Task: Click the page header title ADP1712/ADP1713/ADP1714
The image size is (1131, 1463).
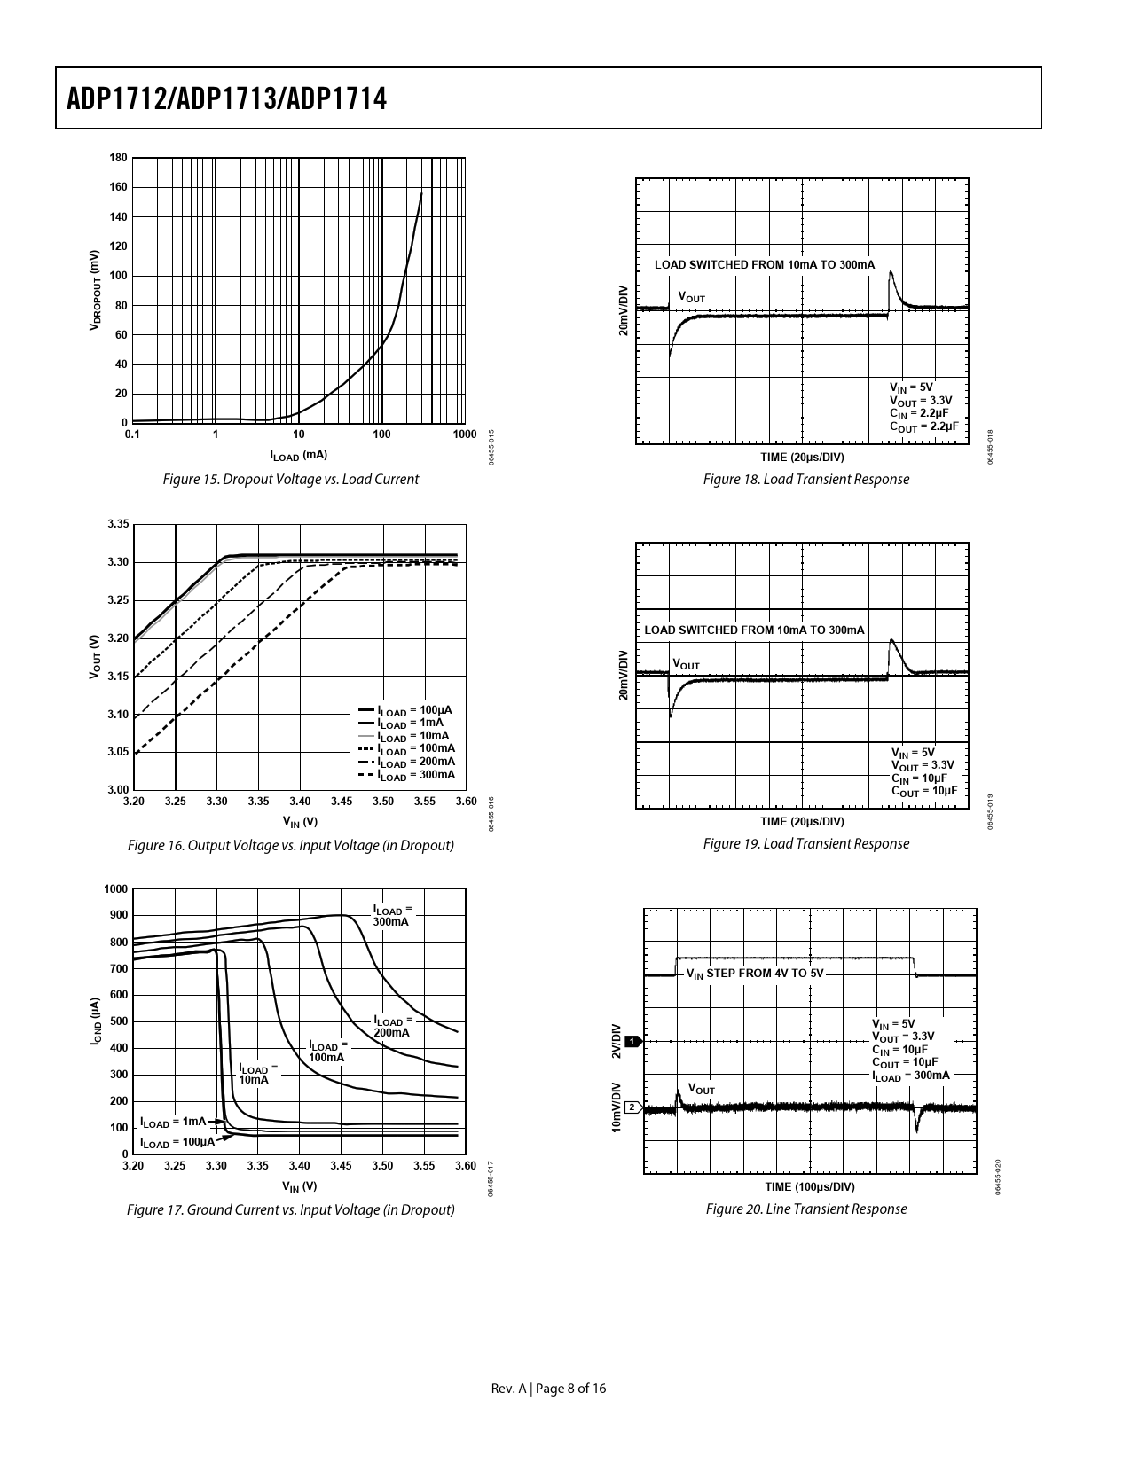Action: (x=227, y=98)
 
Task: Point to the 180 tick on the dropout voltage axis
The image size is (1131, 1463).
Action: (x=118, y=159)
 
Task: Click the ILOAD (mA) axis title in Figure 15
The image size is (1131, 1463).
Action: (x=299, y=456)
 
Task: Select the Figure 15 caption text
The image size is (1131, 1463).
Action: (x=291, y=480)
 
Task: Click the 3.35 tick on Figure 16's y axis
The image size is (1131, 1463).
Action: (x=118, y=525)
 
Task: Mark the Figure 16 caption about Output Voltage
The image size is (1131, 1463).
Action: (x=291, y=846)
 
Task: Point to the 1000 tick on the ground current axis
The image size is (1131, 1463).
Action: (x=115, y=889)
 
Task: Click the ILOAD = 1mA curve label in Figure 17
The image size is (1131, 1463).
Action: (x=173, y=1122)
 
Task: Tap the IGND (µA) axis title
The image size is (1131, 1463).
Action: (x=96, y=1021)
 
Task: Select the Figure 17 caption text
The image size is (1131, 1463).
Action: (x=291, y=1210)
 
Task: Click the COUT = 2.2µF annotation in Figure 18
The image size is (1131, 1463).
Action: (x=924, y=426)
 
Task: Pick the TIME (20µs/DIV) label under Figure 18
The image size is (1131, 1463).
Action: (x=802, y=458)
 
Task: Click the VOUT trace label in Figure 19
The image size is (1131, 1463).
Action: (x=686, y=664)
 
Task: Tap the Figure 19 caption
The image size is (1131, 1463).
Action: (x=805, y=844)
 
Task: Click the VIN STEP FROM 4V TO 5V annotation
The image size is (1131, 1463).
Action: (x=755, y=974)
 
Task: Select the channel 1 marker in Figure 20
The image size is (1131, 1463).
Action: (x=632, y=1041)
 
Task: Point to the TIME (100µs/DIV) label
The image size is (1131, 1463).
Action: (x=810, y=1187)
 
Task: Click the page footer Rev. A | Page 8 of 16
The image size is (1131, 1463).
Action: (x=549, y=1389)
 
